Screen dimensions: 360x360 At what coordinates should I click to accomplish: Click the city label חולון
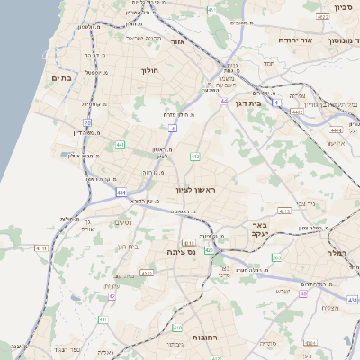tap(149, 70)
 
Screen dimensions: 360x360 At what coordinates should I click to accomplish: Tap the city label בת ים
tap(61, 79)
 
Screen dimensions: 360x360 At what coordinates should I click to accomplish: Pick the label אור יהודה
tap(293, 40)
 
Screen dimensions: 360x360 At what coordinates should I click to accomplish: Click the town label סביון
tap(344, 8)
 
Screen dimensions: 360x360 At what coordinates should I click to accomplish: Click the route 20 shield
tap(87, 123)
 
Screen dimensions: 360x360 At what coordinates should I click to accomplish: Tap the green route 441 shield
tap(121, 144)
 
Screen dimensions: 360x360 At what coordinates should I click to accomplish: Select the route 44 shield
tap(222, 103)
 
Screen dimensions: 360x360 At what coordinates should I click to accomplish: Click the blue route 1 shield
tap(280, 103)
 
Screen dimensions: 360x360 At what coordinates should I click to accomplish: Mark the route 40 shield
tap(304, 293)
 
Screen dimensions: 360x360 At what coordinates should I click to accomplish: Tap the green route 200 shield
tap(275, 258)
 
